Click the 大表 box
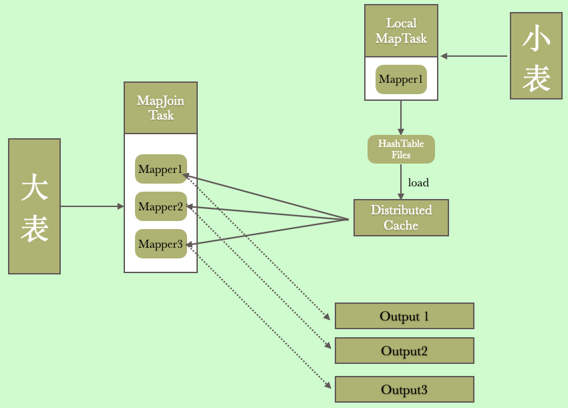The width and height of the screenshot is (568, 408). pos(34,206)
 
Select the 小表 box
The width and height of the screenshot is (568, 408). pos(536,56)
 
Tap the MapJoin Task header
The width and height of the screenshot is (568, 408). pos(160,108)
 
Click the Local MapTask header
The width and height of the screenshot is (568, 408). pos(401,31)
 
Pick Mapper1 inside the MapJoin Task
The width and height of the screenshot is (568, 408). pos(160,170)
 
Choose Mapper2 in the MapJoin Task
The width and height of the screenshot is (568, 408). pos(160,207)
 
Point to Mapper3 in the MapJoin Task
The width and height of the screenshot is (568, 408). pos(160,244)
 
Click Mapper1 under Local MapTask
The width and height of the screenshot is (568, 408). pos(401,79)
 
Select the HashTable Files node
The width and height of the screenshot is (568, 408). pos(401,150)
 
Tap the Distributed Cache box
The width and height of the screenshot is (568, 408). pos(401,218)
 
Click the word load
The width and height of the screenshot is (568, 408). pos(418,182)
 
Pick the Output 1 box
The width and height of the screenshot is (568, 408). pos(404,316)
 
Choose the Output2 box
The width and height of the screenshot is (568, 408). pos(404,351)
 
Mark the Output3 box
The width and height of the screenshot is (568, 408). pos(404,389)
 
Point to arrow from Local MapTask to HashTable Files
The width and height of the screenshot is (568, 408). pos(401,118)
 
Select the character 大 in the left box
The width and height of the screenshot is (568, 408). pos(34,188)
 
